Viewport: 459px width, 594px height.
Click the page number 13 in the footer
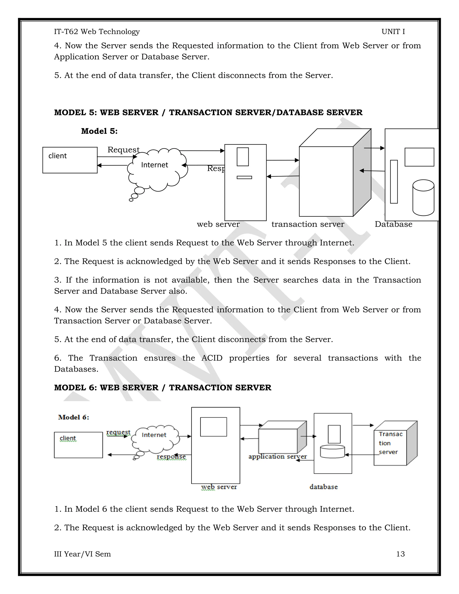click(400, 554)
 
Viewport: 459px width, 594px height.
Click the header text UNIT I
click(393, 32)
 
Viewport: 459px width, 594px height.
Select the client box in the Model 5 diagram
click(70, 160)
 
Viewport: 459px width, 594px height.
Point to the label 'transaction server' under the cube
click(307, 224)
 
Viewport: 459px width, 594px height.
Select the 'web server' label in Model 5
click(218, 224)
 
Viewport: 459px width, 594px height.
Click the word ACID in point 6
click(212, 358)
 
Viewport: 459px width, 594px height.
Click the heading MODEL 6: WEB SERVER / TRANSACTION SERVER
click(163, 388)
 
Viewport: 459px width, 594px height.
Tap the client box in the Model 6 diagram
click(78, 445)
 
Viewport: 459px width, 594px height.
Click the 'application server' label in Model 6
click(277, 456)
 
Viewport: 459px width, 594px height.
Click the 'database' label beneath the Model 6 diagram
click(323, 487)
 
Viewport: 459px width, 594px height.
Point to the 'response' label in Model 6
click(171, 457)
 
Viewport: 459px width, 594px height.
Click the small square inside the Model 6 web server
click(213, 427)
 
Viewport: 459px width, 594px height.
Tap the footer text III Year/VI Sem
click(82, 554)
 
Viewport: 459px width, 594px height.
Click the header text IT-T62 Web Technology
click(97, 32)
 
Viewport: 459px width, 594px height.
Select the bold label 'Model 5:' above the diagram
click(99, 131)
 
